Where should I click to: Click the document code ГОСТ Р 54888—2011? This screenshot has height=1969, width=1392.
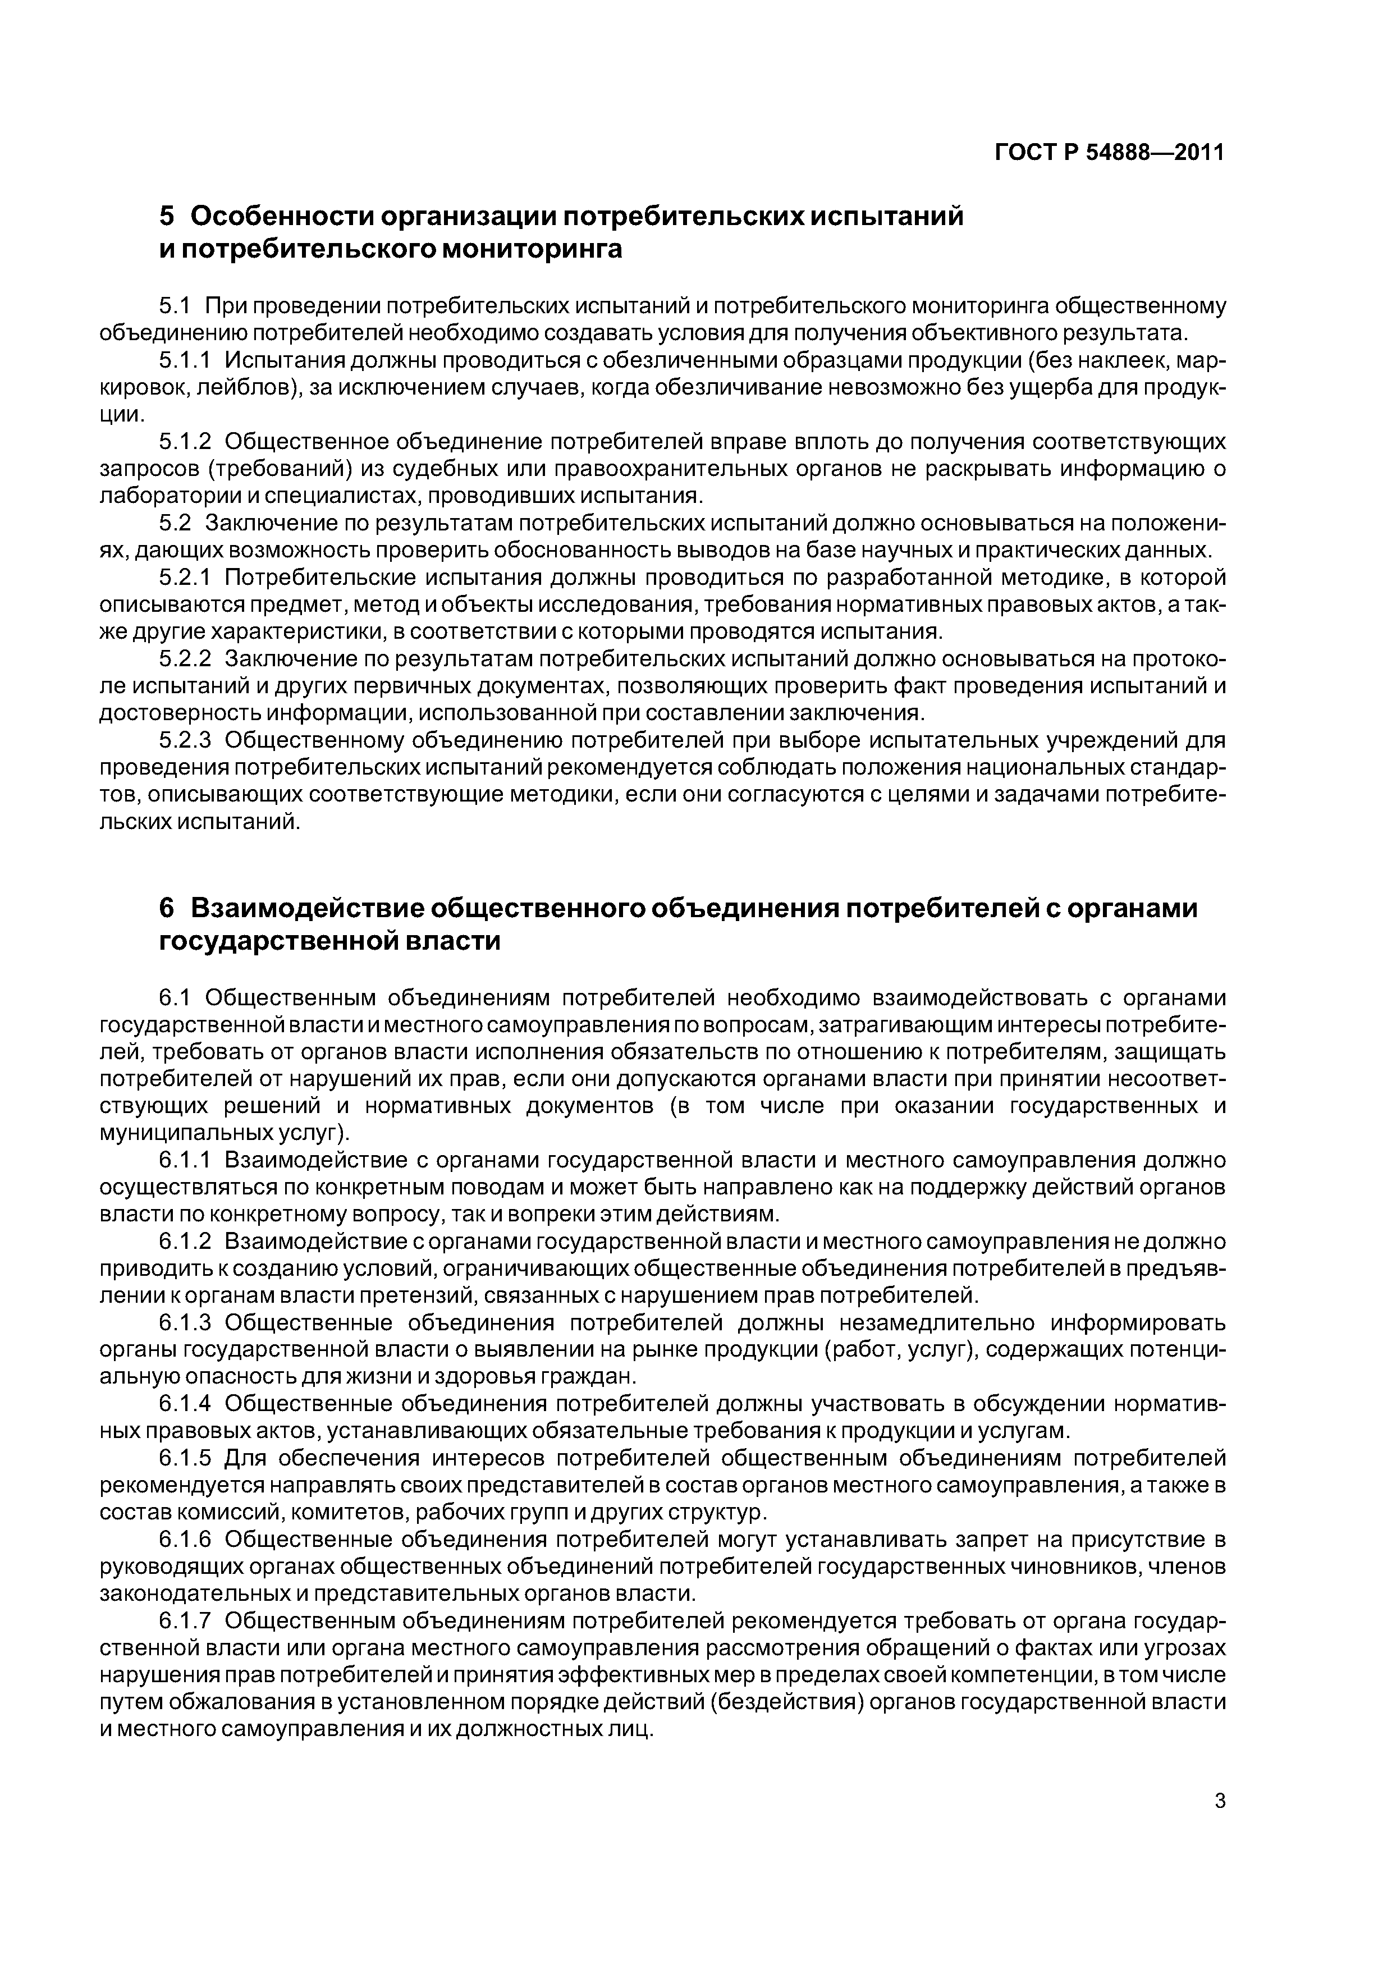[x=1110, y=153]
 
